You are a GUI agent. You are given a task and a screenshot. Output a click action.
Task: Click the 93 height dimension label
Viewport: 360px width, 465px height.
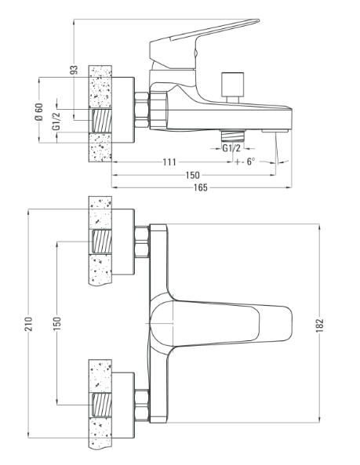[x=75, y=70]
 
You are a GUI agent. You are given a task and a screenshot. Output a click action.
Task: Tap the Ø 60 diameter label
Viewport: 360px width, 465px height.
[x=39, y=111]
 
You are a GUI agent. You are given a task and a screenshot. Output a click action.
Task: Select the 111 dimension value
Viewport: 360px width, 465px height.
[x=169, y=162]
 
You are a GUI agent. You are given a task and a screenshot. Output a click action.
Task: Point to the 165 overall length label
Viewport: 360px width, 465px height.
[x=201, y=187]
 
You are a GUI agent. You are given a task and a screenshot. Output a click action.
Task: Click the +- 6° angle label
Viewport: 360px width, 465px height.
[x=245, y=162]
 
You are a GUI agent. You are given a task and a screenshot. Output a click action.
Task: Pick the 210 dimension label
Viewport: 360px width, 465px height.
[x=28, y=324]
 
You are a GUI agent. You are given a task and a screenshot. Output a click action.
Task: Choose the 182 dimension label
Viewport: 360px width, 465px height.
[x=320, y=325]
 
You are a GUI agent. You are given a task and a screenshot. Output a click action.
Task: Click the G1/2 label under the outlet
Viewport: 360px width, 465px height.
[x=231, y=148]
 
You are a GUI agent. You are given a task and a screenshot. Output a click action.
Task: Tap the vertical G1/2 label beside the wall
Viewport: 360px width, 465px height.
[x=56, y=121]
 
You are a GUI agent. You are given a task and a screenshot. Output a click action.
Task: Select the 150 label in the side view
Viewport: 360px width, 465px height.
[x=193, y=175]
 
